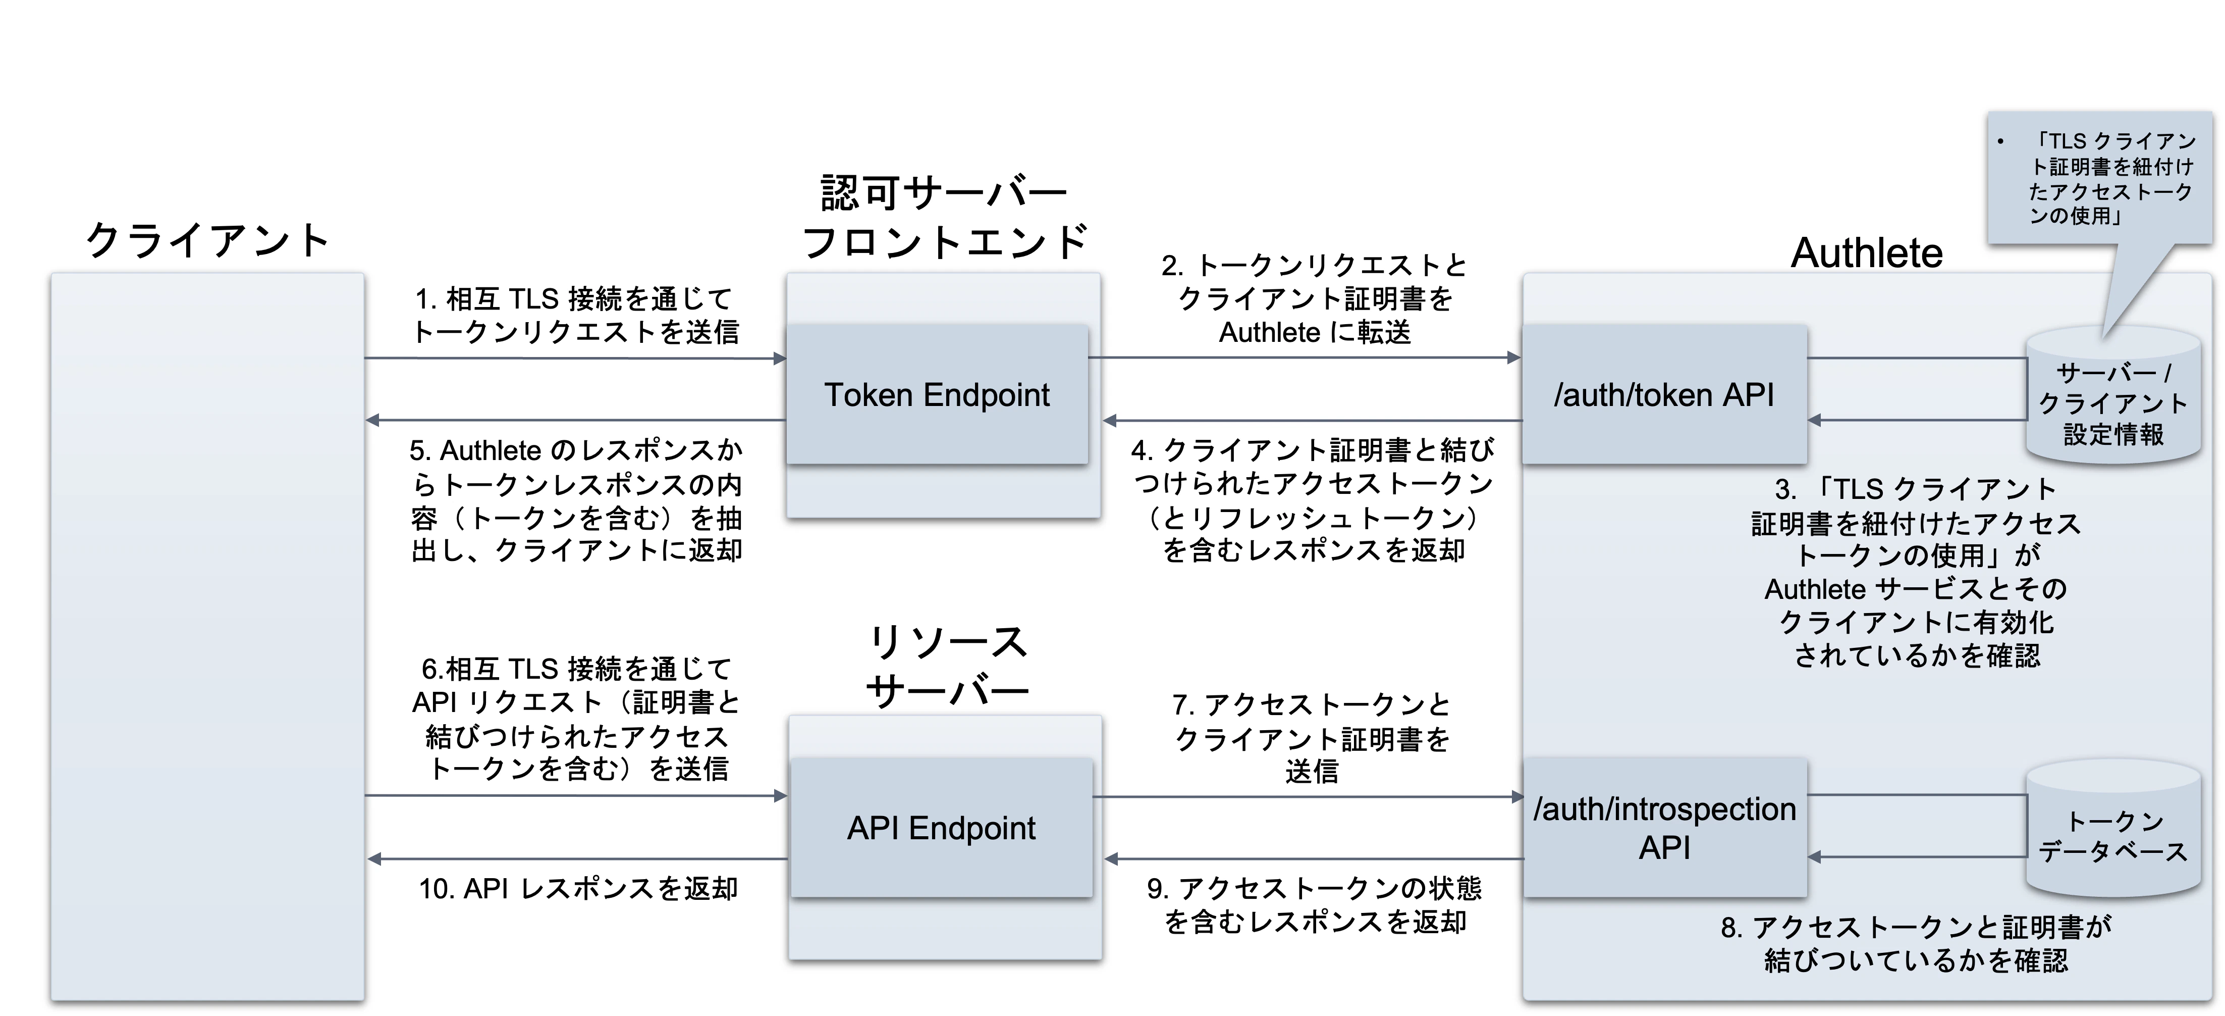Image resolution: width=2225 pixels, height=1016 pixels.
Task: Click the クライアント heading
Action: coord(207,240)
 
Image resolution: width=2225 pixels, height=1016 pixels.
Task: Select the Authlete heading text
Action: coord(1866,253)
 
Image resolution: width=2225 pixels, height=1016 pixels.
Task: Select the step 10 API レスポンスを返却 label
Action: coord(578,888)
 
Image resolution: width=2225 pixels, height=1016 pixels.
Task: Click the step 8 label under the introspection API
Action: coord(1915,943)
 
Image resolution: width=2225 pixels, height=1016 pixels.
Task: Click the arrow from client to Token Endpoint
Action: coord(574,358)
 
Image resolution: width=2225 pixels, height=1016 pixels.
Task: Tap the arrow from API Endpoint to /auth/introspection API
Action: coord(1308,796)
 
